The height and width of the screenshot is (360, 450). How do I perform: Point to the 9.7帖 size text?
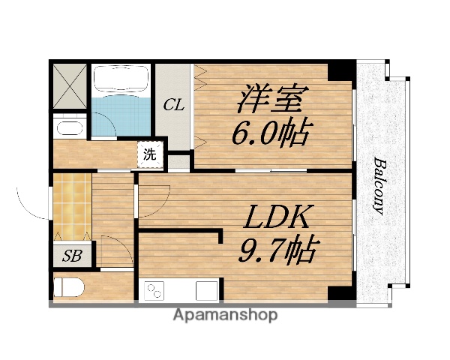(277, 248)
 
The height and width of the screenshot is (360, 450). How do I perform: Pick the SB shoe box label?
(72, 256)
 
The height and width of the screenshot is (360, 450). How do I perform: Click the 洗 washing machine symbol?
(150, 156)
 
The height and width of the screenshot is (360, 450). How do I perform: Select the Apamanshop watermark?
(225, 315)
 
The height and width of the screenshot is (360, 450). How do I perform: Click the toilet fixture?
(67, 288)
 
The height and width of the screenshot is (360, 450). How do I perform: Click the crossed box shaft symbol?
(69, 87)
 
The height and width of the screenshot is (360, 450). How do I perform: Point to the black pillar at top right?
(340, 72)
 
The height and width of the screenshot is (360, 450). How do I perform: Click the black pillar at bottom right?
(342, 293)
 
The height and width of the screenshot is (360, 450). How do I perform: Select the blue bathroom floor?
(120, 115)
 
